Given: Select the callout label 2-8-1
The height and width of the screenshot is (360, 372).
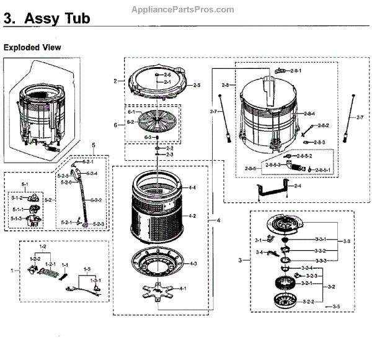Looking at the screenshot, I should (294, 71).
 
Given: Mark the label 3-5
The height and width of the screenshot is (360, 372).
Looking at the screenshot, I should (336, 307).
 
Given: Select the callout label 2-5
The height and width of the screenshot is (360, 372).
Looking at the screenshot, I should (197, 84).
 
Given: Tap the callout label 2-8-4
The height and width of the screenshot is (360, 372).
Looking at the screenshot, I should (310, 114).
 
